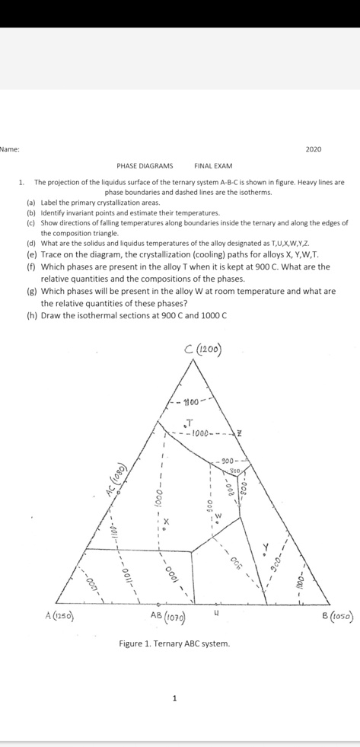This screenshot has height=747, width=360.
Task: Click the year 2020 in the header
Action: point(313,149)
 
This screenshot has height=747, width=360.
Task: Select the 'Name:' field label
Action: point(9,149)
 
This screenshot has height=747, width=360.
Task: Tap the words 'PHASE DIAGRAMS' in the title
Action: point(145,165)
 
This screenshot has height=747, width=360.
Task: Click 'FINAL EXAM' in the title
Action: point(213,165)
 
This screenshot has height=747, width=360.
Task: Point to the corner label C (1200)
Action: point(203,350)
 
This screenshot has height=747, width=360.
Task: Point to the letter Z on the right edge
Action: point(240,434)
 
